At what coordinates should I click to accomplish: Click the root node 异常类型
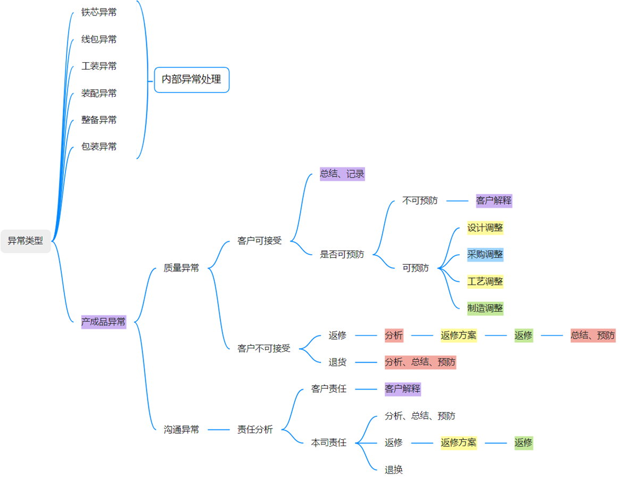[x=26, y=241]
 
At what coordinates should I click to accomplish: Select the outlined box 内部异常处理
[x=192, y=80]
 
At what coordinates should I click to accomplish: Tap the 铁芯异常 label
[x=99, y=12]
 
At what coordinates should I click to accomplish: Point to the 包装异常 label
[x=99, y=146]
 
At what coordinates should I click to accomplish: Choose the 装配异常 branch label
[x=99, y=93]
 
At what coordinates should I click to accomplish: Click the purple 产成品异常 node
[x=104, y=322]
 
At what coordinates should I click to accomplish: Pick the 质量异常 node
[x=181, y=268]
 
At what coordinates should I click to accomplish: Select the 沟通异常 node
[x=181, y=429]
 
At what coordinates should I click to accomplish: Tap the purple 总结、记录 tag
[x=342, y=174]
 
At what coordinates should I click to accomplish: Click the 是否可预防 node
[x=342, y=254]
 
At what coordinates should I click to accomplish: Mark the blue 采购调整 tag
[x=485, y=254]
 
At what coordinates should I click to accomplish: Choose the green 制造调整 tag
[x=485, y=308]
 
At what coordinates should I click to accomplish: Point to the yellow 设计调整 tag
[x=485, y=228]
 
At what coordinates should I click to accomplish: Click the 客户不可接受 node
[x=264, y=348]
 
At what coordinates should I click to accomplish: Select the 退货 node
[x=337, y=362]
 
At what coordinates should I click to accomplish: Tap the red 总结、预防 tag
[x=593, y=335]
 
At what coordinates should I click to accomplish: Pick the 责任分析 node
[x=255, y=429]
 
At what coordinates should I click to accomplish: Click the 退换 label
[x=394, y=469]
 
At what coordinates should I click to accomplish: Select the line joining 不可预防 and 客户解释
[x=457, y=201]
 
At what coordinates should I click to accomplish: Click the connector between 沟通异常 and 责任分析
[x=218, y=429]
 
